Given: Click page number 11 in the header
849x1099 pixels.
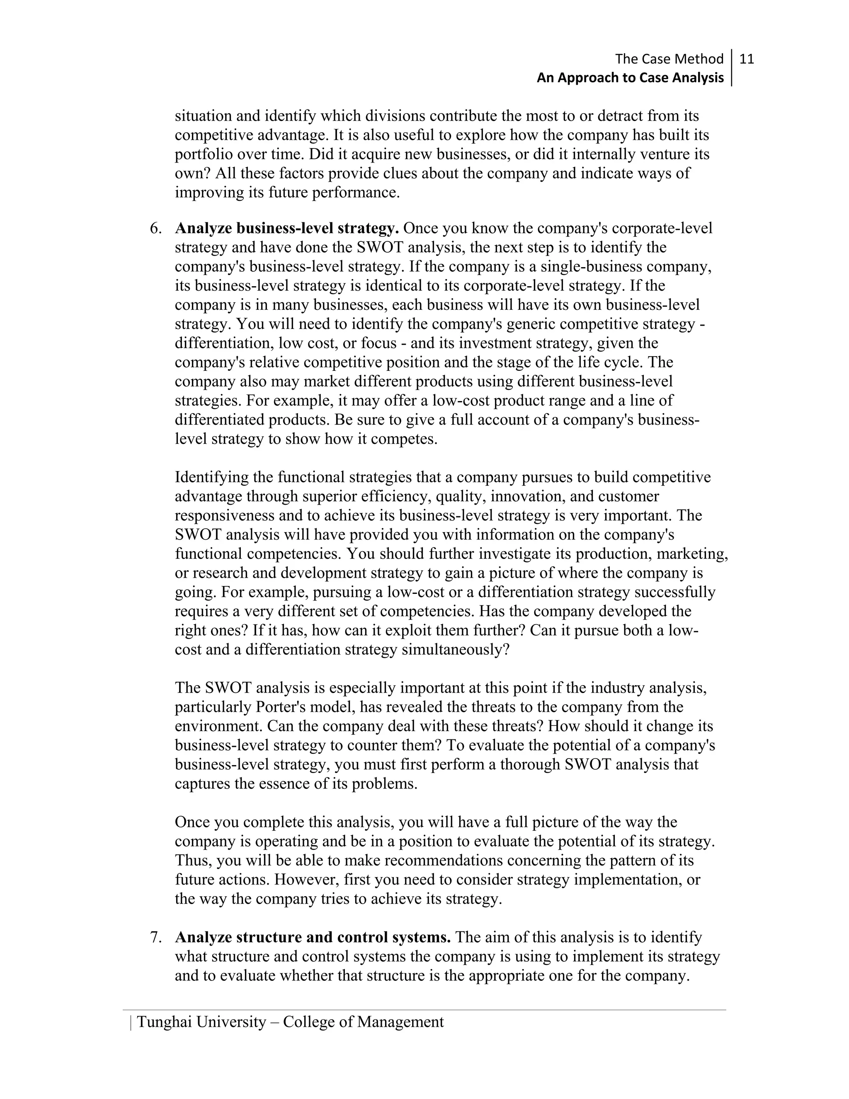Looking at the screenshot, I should pos(747,59).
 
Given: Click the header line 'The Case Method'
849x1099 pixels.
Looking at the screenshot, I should pos(669,59).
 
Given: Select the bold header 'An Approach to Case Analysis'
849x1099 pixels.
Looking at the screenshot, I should pos(630,78).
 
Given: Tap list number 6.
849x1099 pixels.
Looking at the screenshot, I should pos(155,229).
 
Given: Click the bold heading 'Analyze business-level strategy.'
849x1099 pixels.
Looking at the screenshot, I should pos(287,229).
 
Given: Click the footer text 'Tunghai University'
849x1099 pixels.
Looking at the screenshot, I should pos(201,1022).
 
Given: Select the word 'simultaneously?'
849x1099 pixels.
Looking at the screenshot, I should pos(456,649).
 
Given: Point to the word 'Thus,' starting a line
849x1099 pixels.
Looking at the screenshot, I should pos(194,861).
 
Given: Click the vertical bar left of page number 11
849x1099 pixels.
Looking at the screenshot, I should pos(731,68).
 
